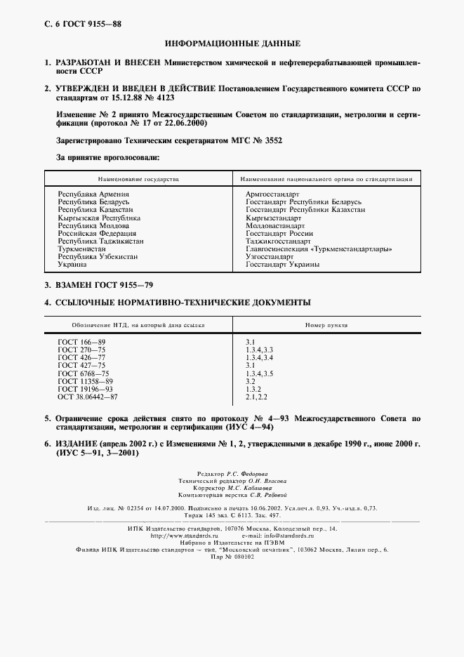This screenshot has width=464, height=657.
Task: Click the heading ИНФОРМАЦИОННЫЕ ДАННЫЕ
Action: point(232,44)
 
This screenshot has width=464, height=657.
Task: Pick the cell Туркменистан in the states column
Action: point(81,248)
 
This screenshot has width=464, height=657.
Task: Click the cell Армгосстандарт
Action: point(272,194)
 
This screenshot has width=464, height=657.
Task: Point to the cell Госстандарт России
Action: point(279,233)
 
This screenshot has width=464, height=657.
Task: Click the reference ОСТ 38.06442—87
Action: point(88,397)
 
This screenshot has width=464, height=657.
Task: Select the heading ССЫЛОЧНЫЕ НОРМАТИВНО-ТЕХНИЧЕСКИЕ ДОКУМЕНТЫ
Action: point(183,303)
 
